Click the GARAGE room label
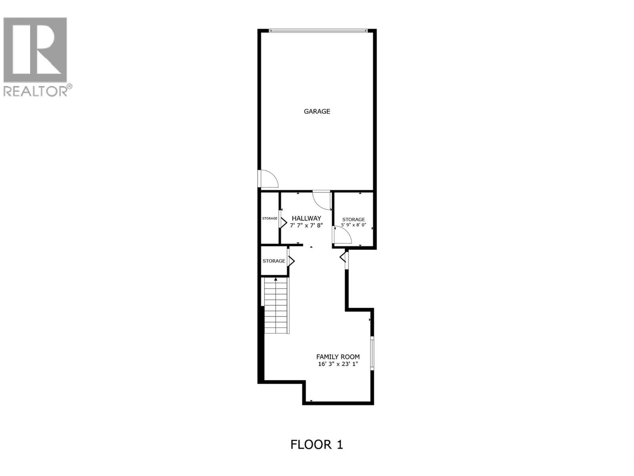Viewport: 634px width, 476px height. tap(317, 111)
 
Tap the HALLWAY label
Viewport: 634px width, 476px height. tap(306, 218)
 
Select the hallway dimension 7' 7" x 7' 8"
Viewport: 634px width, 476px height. tap(306, 225)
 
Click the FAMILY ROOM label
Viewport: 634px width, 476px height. tap(338, 357)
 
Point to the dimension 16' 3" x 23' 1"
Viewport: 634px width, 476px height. tap(338, 364)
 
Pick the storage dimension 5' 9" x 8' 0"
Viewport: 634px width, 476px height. tap(353, 225)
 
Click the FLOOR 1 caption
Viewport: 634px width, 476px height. tap(317, 444)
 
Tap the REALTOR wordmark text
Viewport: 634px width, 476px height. tap(36, 91)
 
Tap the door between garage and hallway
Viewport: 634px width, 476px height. tap(322, 200)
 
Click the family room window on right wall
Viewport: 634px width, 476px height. tap(372, 353)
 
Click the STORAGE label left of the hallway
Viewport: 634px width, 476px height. tap(270, 219)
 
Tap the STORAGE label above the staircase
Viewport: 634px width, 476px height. tap(274, 261)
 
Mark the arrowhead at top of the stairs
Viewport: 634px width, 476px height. tap(275, 280)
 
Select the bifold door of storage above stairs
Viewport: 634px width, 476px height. tap(291, 261)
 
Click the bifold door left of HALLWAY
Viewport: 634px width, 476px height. tap(283, 219)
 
